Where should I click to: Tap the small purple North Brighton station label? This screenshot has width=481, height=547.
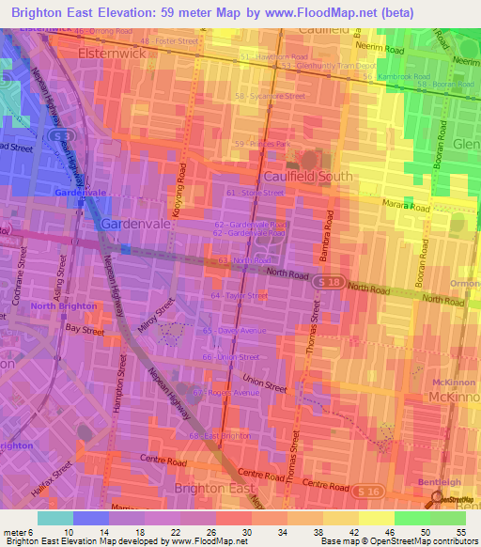pos(63,306)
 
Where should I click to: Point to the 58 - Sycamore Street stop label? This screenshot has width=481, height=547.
pos(271,96)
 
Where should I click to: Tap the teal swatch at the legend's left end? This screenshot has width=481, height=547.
pos(54,518)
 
